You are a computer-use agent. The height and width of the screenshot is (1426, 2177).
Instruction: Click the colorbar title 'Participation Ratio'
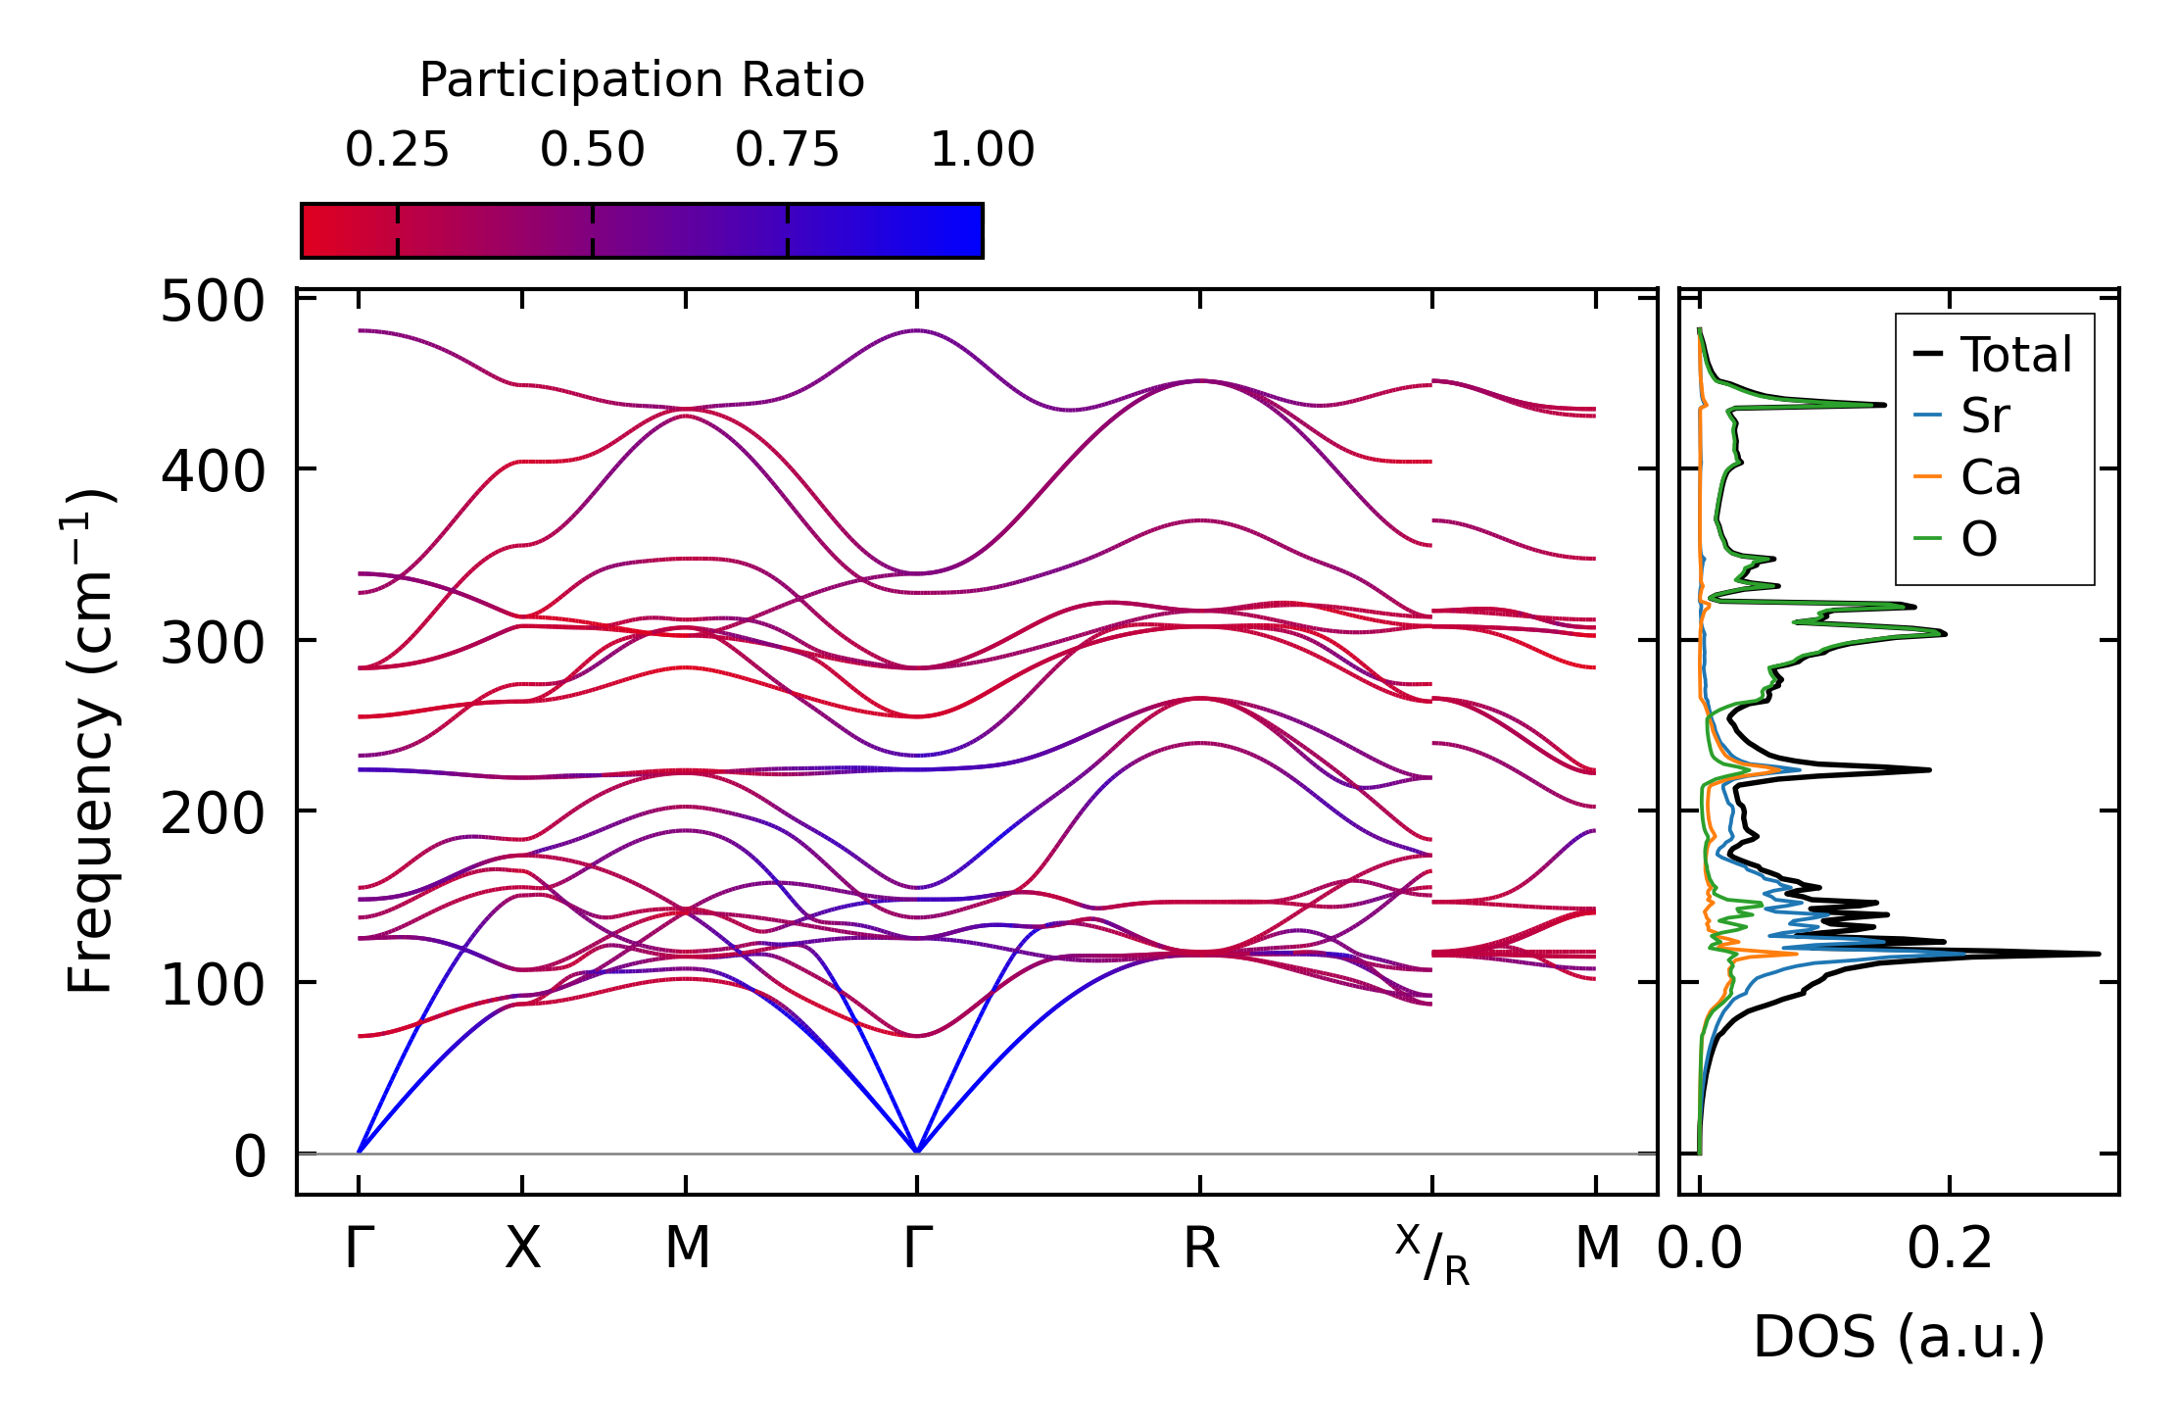(642, 80)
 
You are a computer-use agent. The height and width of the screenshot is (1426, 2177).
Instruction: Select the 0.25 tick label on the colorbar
(397, 150)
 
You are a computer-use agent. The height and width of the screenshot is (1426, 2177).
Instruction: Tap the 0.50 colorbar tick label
(592, 150)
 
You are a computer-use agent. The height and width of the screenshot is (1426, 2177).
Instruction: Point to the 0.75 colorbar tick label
(787, 150)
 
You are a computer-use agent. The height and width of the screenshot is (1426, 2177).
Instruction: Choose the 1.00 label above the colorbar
(982, 150)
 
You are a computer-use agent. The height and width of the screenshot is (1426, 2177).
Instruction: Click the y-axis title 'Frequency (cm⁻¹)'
(90, 741)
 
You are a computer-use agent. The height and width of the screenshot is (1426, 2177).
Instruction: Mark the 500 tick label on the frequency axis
(213, 302)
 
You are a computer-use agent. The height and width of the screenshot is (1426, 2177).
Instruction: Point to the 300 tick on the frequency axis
(213, 644)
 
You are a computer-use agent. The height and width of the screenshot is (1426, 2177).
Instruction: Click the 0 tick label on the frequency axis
(249, 1156)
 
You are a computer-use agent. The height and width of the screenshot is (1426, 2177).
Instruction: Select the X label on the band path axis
(522, 1250)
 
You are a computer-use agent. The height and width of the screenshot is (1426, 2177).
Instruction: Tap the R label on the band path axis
(1201, 1250)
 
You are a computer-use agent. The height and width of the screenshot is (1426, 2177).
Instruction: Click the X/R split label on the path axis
(1432, 1254)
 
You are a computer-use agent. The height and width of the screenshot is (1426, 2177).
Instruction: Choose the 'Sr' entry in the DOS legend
(1985, 417)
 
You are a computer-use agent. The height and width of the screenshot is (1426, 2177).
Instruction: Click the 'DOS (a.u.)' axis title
(1899, 1337)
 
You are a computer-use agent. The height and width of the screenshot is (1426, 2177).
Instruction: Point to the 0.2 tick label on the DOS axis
(1950, 1250)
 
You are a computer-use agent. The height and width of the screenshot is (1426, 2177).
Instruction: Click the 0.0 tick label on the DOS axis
(1700, 1250)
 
